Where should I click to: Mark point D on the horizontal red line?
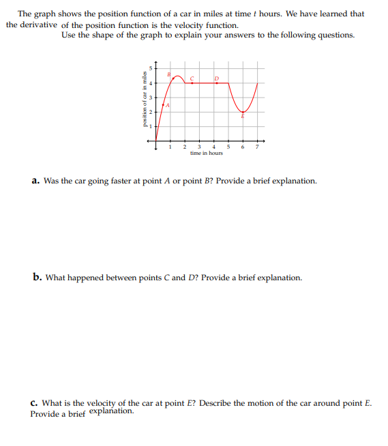point(215,83)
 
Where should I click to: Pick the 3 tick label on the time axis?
point(198,146)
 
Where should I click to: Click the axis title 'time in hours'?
point(207,153)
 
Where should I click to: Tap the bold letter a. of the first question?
point(35,181)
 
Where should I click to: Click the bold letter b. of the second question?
point(36,278)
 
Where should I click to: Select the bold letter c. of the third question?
point(35,403)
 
